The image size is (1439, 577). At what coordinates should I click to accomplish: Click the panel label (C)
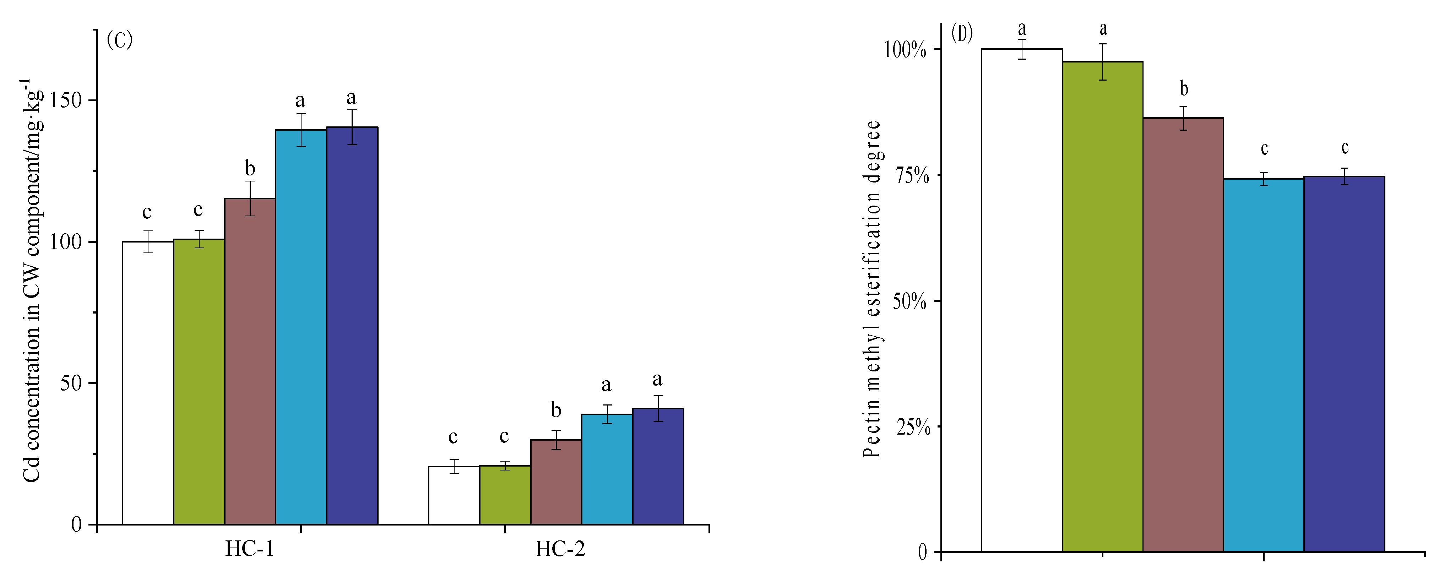(120, 40)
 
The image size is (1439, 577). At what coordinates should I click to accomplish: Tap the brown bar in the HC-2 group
(556, 482)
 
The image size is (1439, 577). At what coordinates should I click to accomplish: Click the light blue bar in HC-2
(607, 469)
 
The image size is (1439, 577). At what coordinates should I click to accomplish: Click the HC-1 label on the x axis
(250, 549)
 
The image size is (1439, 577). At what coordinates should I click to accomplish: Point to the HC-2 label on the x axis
(560, 549)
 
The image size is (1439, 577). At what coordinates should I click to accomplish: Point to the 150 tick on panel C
(66, 100)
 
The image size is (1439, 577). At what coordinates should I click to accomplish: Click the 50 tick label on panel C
(71, 383)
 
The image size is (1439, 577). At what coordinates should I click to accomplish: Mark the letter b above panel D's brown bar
(1184, 88)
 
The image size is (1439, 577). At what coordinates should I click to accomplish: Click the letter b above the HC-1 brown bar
(250, 168)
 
